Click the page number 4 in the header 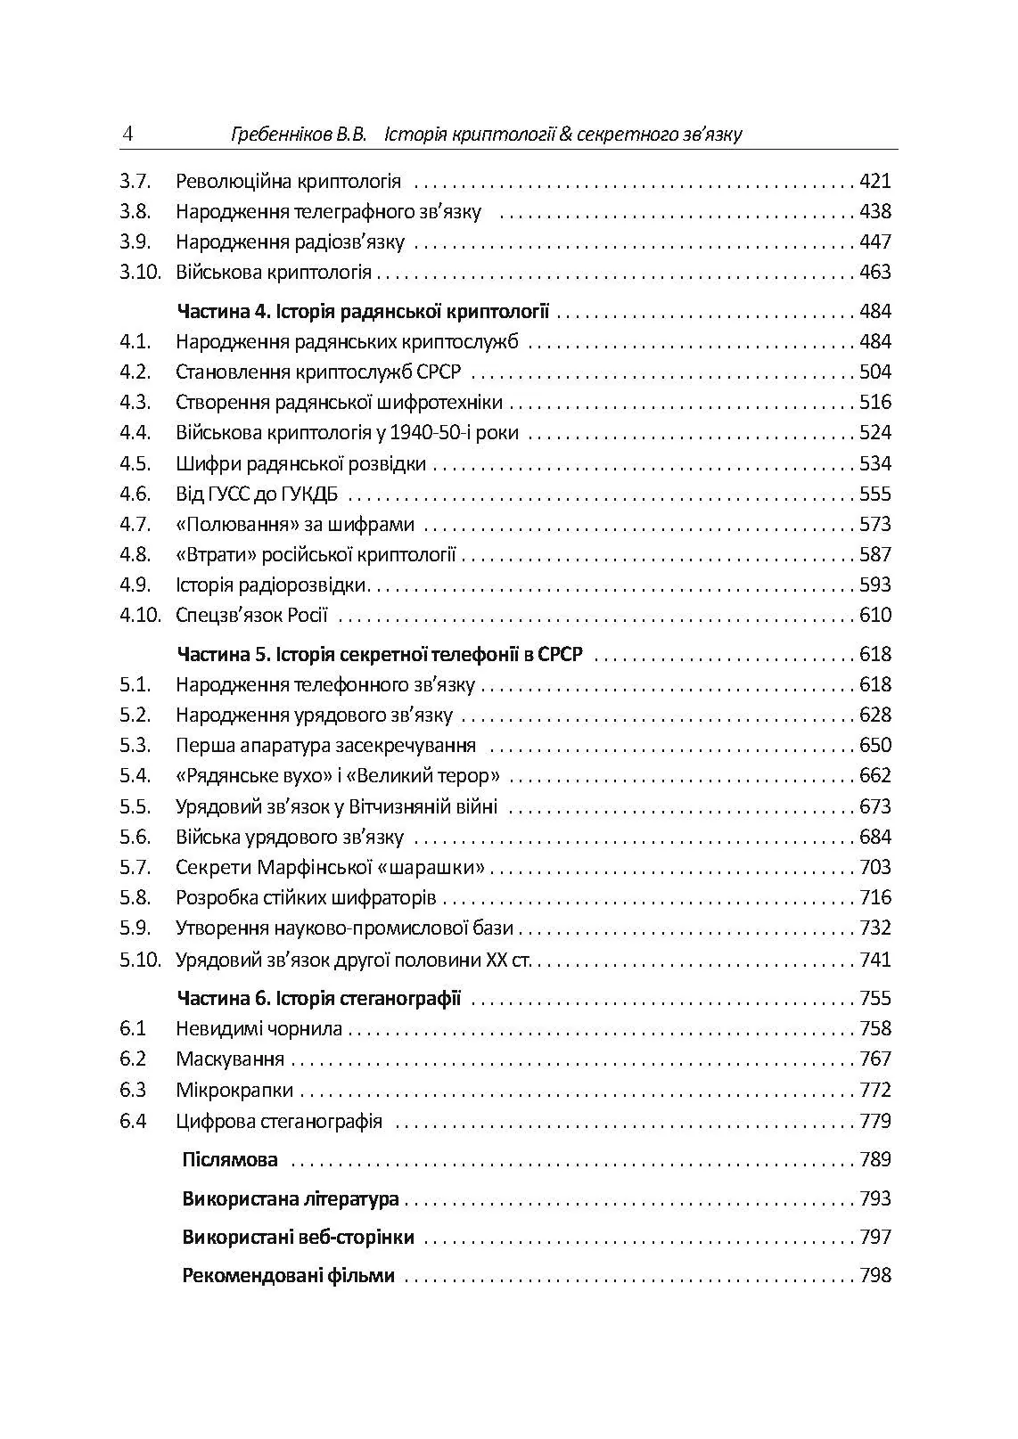pos(127,135)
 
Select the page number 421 pos(874,182)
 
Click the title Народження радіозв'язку pos(290,242)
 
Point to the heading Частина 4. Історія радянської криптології pos(363,312)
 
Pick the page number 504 pos(874,372)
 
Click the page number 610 pos(874,616)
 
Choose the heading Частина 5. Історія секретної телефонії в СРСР pos(380,655)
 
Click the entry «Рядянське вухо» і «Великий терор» pos(338,776)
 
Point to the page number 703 pos(874,868)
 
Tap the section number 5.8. pos(135,898)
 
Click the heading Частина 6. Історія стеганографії pos(319,998)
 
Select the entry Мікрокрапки pos(234,1091)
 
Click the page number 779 pos(874,1121)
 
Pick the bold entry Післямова pos(230,1160)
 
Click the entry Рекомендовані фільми pos(288,1276)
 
